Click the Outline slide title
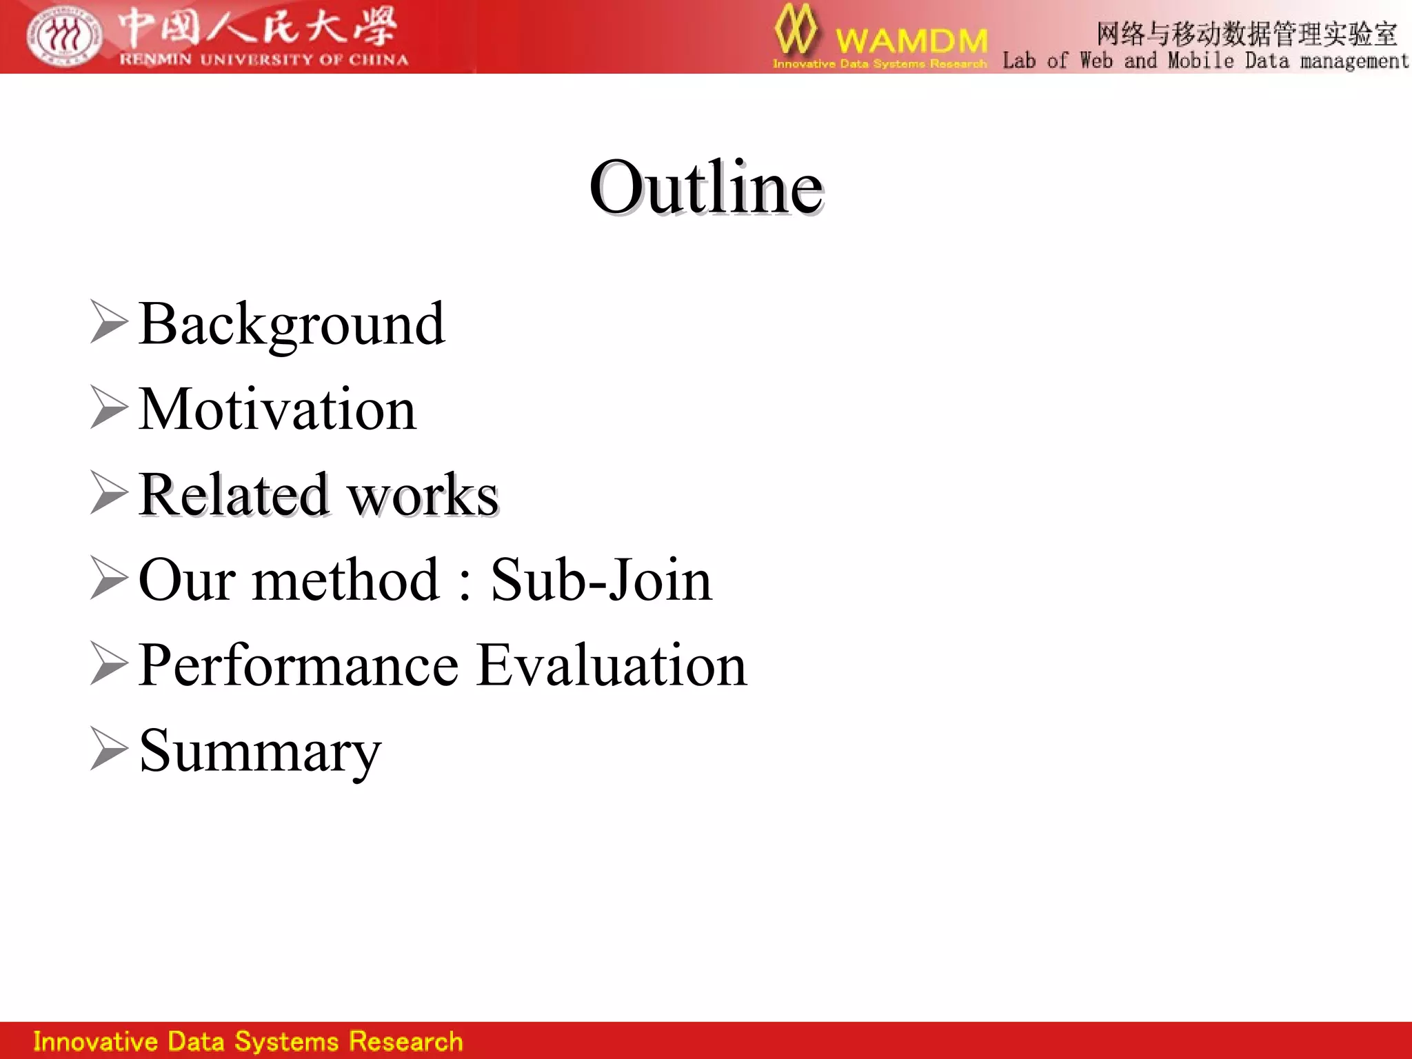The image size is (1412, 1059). tap(705, 187)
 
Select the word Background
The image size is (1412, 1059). tap(291, 324)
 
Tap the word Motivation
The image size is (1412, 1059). tap(277, 410)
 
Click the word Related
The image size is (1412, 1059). tap(233, 495)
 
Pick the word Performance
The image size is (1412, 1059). tap(298, 665)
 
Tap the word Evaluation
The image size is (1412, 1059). tap(612, 665)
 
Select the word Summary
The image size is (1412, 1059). tap(259, 752)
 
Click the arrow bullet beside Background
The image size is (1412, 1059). tap(109, 323)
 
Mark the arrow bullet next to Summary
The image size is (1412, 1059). tap(109, 749)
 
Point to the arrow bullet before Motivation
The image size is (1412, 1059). tap(109, 408)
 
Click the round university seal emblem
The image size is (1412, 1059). tap(64, 36)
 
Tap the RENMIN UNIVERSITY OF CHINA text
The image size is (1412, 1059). tap(263, 60)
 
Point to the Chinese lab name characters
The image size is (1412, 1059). tap(1247, 33)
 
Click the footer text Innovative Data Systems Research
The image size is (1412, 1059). tap(248, 1041)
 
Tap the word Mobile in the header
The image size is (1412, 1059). tap(1200, 61)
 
